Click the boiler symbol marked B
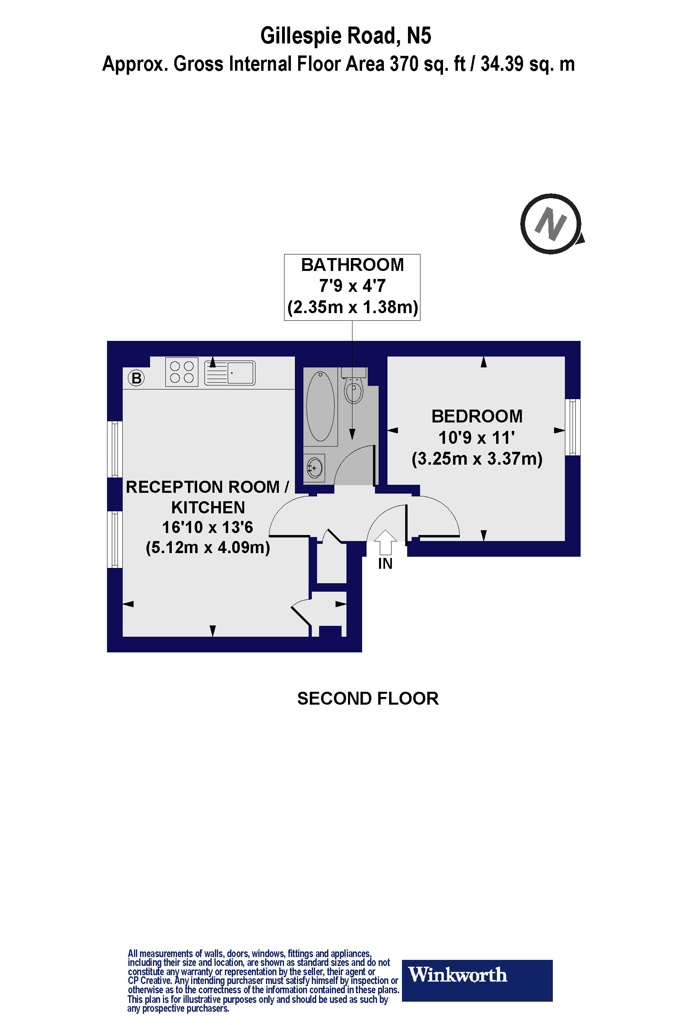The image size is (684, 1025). pos(136,378)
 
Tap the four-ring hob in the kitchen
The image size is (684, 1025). pos(182,372)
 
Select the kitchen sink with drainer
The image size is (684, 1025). pos(230,373)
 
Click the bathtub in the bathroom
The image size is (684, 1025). pos(321,406)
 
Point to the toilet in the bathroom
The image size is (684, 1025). pos(354,387)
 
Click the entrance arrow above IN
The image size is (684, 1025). pos(385,541)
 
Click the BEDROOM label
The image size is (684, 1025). pos(477,416)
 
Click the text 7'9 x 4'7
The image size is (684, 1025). pos(352,286)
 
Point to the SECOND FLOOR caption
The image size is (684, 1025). pos(368,699)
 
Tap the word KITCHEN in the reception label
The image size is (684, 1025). pos(208,507)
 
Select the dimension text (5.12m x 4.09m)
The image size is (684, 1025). pos(208,547)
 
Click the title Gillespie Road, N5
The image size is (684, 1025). pos(346,36)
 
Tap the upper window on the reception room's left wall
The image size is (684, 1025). pos(115,449)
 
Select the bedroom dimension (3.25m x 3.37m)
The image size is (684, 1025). pos(477,459)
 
